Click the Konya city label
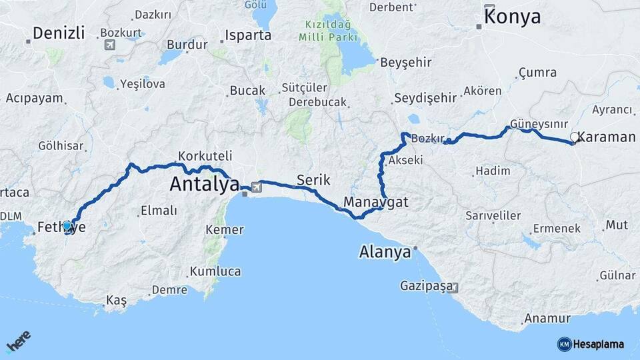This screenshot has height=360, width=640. coord(512,17)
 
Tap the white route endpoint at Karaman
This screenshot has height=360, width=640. coord(574,137)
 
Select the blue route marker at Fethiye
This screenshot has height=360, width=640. coord(67,226)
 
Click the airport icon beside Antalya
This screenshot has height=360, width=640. coord(256,187)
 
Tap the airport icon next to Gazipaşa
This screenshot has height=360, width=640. coord(454,287)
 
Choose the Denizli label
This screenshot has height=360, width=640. coord(59,33)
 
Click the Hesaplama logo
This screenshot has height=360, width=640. coord(591,344)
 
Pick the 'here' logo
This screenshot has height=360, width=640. coord(19,343)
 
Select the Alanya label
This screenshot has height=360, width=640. coord(385,253)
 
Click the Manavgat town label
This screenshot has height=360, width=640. coord(376,201)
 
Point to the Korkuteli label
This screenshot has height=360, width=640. coord(205,156)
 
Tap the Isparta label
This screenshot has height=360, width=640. coord(248,35)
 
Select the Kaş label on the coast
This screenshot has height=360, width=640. coord(116,301)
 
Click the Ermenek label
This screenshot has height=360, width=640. coord(557,228)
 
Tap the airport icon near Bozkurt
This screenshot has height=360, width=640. coord(109,45)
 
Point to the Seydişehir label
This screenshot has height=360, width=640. coord(425,98)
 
